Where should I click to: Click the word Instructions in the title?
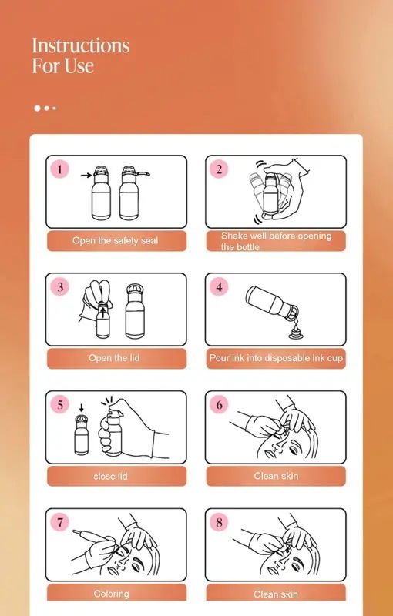tap(81, 45)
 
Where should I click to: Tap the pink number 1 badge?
tap(60, 169)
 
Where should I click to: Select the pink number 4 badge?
tap(219, 287)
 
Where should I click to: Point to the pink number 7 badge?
tap(60, 523)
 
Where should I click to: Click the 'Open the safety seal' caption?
tap(115, 240)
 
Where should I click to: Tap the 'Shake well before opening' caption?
tap(277, 236)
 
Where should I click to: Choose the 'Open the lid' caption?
tap(114, 358)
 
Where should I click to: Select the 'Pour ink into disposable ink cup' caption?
tap(276, 358)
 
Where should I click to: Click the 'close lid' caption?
tap(110, 476)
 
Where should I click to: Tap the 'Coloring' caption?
tap(111, 593)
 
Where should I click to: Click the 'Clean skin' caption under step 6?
tap(276, 476)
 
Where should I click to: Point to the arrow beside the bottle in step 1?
tap(86, 175)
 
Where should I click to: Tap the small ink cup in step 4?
tap(294, 334)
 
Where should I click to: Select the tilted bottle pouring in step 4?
tap(272, 303)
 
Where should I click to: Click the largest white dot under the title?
tap(37, 108)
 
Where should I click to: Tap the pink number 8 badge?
tap(219, 523)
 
